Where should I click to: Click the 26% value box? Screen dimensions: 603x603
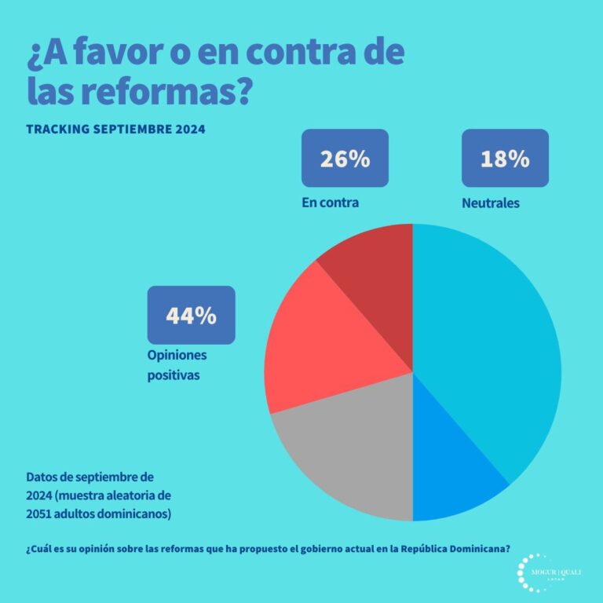pos(345,158)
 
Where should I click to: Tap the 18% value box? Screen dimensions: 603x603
pos(505,158)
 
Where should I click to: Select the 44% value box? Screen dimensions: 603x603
pos(191,315)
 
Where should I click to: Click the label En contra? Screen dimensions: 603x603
pos(330,203)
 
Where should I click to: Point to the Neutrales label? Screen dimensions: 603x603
pos(491,203)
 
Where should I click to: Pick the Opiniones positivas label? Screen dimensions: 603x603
pos(177,365)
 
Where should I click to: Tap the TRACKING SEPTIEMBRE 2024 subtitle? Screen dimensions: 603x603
pos(115,129)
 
